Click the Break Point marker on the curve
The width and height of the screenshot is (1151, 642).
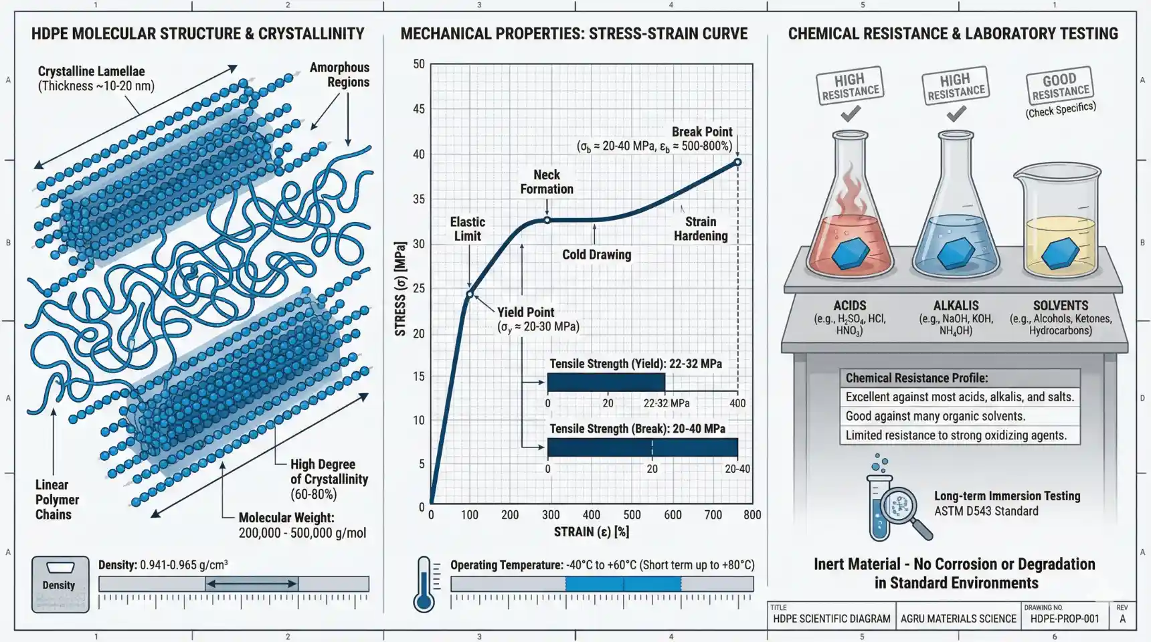pos(737,162)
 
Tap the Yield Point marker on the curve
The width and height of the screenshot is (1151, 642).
pos(470,294)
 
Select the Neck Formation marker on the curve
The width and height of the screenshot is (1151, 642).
pos(547,220)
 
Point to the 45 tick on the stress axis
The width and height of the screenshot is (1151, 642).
pos(419,109)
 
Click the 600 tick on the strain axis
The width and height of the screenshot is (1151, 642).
pos(673,515)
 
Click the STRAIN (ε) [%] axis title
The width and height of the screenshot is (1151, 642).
pos(592,532)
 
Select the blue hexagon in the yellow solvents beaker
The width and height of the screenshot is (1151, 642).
pos(1061,253)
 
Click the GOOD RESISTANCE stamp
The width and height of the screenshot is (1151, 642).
pos(1059,86)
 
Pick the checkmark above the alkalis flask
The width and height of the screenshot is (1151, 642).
pos(956,114)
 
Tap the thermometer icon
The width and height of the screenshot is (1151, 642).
pos(424,584)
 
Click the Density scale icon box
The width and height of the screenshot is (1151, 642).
pos(60,584)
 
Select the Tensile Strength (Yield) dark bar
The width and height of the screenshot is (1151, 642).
pos(606,383)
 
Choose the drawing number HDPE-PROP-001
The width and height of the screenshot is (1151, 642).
pos(1065,619)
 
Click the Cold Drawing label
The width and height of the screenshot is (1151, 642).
pos(596,255)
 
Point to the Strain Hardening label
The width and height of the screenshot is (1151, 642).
pos(701,229)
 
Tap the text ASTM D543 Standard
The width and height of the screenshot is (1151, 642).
pos(986,512)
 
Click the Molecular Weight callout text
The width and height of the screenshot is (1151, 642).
pos(302,526)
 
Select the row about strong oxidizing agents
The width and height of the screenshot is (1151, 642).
pos(960,435)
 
